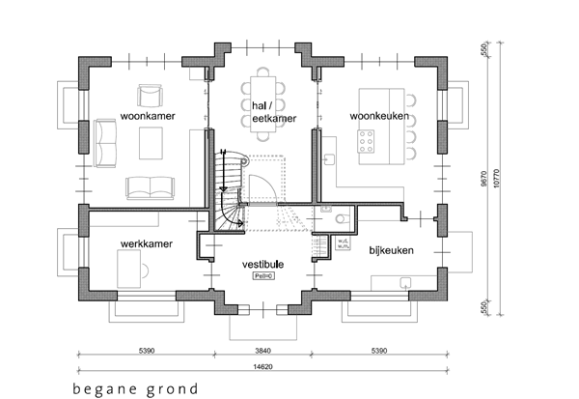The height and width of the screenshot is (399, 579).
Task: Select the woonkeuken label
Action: click(379, 117)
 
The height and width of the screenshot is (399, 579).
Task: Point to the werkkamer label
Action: click(147, 244)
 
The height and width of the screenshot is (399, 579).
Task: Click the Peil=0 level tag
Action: click(262, 275)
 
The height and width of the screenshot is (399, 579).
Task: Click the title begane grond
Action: click(134, 389)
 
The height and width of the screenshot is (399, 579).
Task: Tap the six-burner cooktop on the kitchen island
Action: click(368, 143)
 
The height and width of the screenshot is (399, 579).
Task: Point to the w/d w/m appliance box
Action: click(343, 244)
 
